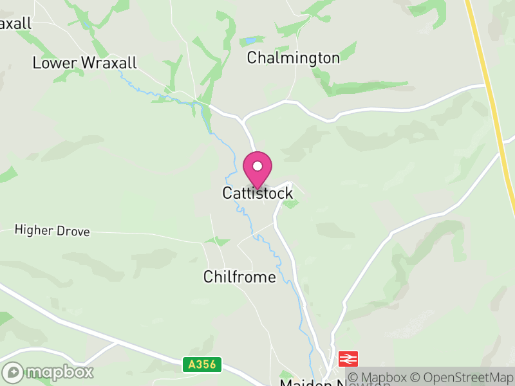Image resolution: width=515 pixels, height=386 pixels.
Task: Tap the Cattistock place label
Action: point(257,193)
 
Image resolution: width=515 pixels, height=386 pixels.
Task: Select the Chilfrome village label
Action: point(239,277)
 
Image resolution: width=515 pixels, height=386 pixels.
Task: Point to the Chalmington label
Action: point(293,58)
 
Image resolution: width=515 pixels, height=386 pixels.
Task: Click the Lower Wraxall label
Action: point(84,63)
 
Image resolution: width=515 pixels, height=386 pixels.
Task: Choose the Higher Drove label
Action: point(52,230)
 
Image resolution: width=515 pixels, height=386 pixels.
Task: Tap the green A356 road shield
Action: point(201,365)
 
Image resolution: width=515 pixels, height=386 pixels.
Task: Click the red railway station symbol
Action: point(348,358)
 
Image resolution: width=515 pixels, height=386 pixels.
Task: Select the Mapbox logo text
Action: point(59,372)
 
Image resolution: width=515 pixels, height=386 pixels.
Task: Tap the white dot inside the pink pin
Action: point(257,166)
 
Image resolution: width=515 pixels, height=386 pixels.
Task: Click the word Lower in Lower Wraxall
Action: point(55,63)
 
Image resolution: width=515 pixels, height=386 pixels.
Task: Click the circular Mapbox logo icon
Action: point(13,372)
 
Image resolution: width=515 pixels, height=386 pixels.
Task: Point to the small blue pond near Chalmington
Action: point(249,41)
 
